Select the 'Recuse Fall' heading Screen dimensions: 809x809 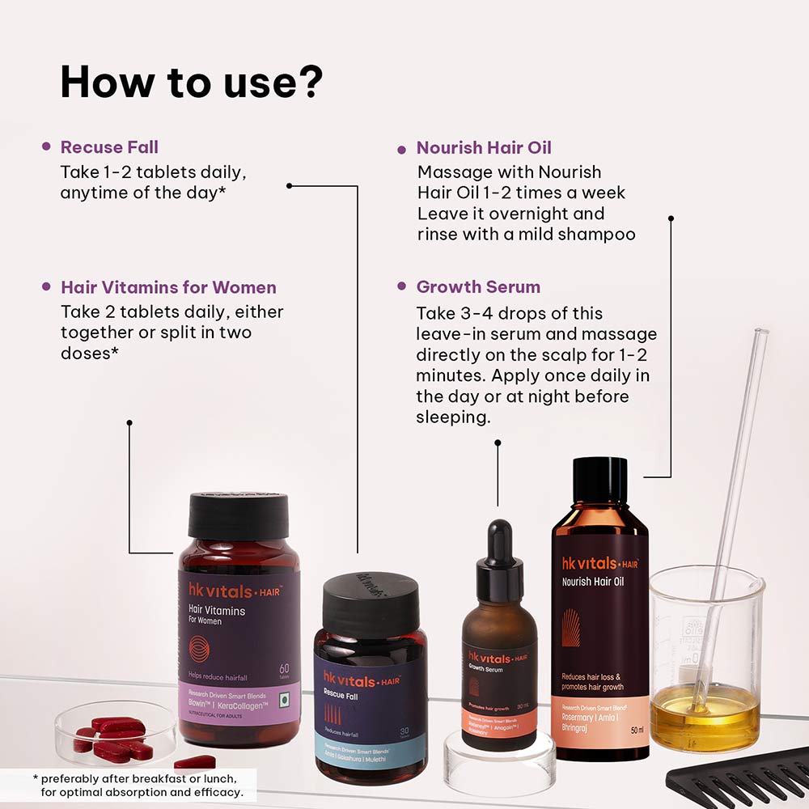[x=109, y=147]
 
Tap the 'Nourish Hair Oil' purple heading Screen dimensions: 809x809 [x=484, y=147]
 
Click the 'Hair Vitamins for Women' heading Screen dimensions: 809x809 [x=168, y=287]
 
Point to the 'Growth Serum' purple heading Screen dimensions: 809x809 [x=478, y=287]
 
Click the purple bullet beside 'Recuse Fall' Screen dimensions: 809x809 [x=46, y=147]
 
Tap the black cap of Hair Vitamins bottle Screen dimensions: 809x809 [x=238, y=516]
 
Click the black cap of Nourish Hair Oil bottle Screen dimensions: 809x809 [x=599, y=481]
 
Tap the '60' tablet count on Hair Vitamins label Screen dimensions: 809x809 [x=284, y=669]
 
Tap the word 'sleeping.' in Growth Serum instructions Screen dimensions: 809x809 [x=453, y=417]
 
